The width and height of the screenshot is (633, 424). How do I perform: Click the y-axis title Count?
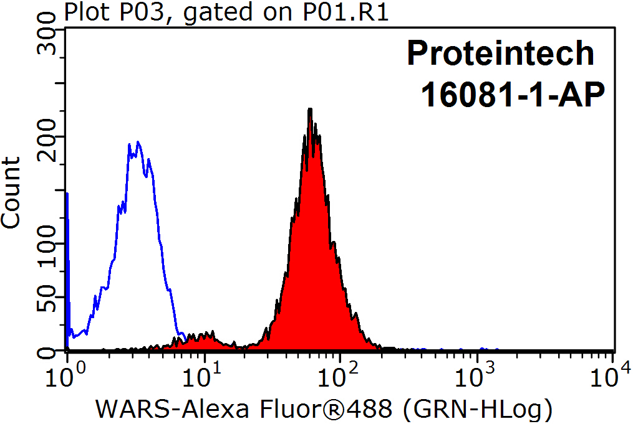coord(11,193)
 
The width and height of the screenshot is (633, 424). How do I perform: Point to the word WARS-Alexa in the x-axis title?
coord(159,408)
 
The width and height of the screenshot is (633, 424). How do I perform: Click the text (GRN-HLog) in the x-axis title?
coord(476,408)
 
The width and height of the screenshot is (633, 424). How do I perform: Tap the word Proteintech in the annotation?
coord(501,54)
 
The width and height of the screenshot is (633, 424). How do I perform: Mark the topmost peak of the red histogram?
coord(309,110)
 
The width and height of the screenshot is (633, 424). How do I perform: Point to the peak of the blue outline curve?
coord(138,143)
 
